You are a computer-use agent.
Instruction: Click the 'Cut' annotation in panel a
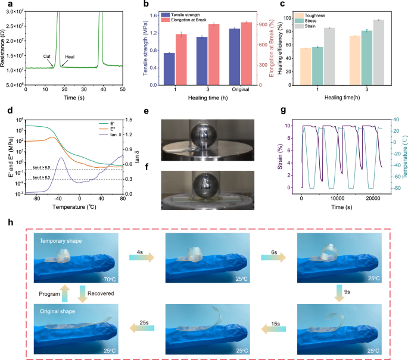click(46, 55)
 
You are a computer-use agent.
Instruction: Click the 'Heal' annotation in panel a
click(69, 56)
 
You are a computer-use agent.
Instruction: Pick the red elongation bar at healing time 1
click(181, 60)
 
